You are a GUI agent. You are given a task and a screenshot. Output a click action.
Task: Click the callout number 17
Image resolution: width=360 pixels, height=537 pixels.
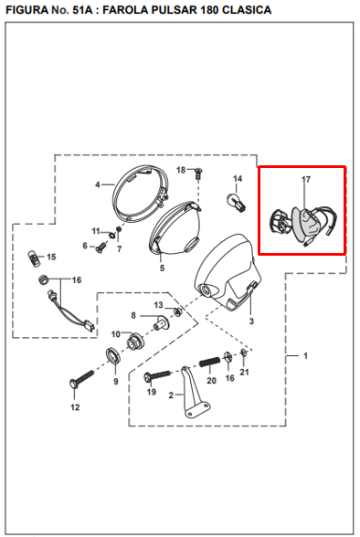point(306,179)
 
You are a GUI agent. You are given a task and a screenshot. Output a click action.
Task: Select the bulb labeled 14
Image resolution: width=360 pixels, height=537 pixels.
point(237,202)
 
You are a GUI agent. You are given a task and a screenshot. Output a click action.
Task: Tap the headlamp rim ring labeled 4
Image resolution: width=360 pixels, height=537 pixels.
point(141,194)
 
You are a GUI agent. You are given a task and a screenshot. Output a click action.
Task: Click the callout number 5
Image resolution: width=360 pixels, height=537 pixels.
point(162,268)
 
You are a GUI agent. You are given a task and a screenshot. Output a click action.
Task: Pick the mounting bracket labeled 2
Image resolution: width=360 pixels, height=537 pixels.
point(195,392)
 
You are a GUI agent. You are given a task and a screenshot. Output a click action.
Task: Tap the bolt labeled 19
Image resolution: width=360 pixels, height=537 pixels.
point(157,375)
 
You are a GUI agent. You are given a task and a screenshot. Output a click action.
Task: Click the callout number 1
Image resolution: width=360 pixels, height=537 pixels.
point(305,356)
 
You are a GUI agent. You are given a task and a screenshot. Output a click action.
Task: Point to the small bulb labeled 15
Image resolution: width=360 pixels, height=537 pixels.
point(34,259)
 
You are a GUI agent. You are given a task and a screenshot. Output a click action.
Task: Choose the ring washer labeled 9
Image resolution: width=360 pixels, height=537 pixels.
point(113,355)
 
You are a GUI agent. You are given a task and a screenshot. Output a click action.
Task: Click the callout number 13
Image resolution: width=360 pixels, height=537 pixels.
point(159,305)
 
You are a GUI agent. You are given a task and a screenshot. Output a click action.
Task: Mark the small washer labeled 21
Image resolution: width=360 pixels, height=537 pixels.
point(243,353)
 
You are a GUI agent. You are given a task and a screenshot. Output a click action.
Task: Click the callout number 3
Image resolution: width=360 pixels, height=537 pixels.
point(251,321)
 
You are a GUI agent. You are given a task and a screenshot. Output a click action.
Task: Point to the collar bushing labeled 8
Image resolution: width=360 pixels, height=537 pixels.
point(161,321)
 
